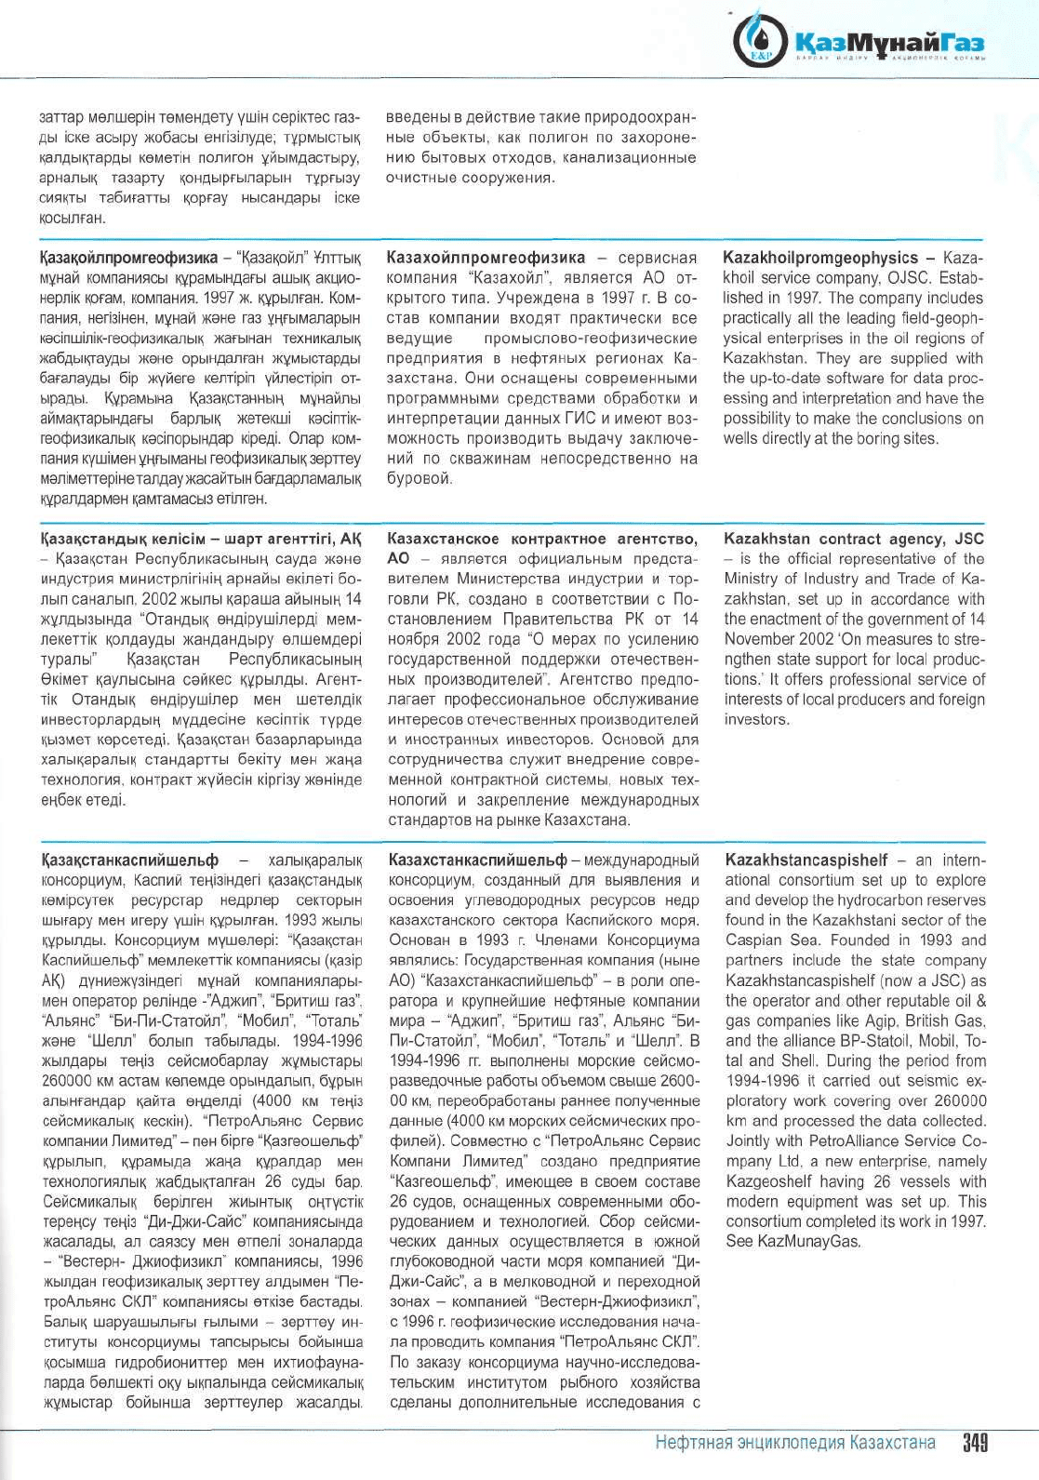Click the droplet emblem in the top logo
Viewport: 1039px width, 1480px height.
[762, 41]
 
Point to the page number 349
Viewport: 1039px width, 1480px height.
[974, 1443]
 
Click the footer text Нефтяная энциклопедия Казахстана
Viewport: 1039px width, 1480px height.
[794, 1443]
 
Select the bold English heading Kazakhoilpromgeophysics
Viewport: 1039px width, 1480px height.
[819, 258]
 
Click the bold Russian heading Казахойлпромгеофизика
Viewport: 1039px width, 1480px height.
[486, 258]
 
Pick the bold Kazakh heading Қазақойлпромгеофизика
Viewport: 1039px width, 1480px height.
[128, 258]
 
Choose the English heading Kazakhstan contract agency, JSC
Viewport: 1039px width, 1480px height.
[853, 539]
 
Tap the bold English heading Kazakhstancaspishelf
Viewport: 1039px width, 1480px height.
[806, 860]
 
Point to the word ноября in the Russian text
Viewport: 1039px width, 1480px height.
[413, 639]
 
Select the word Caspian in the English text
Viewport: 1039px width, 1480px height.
[754, 940]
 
